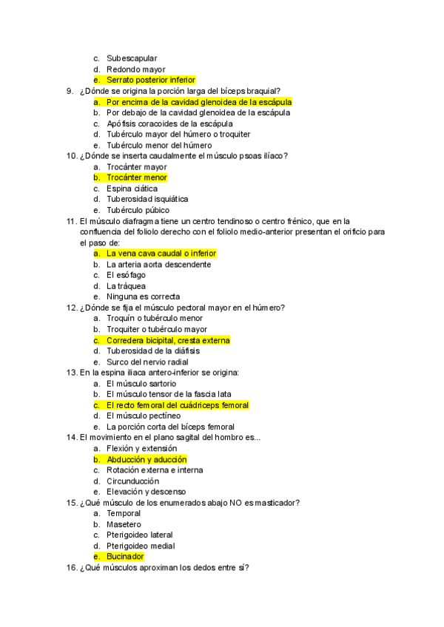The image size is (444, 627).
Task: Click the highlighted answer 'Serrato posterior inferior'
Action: point(150,80)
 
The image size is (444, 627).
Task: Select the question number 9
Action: point(70,91)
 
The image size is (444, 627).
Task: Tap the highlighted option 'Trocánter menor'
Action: point(136,177)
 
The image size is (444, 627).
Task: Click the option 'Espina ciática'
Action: point(132,189)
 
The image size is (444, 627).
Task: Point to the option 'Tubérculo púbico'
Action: point(137,210)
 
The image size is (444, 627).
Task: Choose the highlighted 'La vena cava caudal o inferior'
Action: point(161,254)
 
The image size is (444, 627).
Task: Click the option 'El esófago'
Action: point(126,275)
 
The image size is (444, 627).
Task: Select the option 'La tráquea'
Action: point(126,286)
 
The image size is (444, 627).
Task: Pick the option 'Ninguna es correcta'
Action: point(143,296)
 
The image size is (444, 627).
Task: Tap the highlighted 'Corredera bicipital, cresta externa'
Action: point(168,340)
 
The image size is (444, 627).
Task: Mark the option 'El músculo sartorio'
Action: point(141,384)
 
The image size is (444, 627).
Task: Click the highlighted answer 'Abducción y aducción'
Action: point(146,459)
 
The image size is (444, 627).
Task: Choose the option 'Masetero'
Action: point(124,524)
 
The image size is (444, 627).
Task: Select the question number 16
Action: point(72,568)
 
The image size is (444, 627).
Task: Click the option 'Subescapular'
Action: point(132,58)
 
